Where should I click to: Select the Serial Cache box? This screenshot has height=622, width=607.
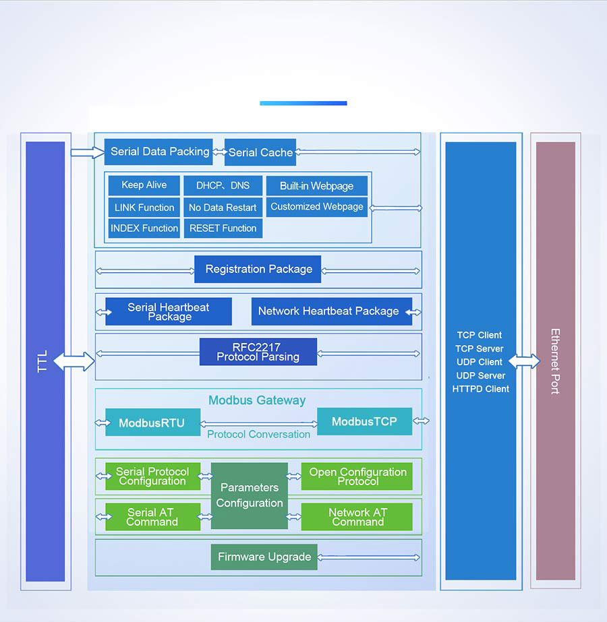pyautogui.click(x=260, y=152)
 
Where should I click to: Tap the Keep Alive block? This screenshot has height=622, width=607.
pyautogui.click(x=144, y=185)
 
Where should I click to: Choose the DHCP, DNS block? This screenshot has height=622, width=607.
pyautogui.click(x=223, y=185)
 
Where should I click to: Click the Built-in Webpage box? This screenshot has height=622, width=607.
pyautogui.click(x=316, y=186)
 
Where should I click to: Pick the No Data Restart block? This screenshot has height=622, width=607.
pyautogui.click(x=223, y=208)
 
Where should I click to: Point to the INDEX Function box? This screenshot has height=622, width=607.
pyautogui.click(x=144, y=228)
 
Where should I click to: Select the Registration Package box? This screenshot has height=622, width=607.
pyautogui.click(x=258, y=269)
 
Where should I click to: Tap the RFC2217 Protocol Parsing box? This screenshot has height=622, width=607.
pyautogui.click(x=258, y=352)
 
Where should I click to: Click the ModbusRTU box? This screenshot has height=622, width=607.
pyautogui.click(x=152, y=423)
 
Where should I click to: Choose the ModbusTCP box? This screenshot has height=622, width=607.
pyautogui.click(x=364, y=421)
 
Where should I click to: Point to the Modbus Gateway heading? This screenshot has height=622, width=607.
pyautogui.click(x=257, y=400)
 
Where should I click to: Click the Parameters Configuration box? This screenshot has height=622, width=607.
pyautogui.click(x=250, y=495)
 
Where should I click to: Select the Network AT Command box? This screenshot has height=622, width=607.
pyautogui.click(x=357, y=517)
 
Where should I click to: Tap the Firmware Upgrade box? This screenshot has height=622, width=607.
pyautogui.click(x=264, y=557)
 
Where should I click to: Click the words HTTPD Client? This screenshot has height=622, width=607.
pyautogui.click(x=480, y=389)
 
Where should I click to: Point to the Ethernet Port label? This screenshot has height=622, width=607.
pyautogui.click(x=555, y=361)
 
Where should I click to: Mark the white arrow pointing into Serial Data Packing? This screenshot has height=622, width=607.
pyautogui.click(x=86, y=152)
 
